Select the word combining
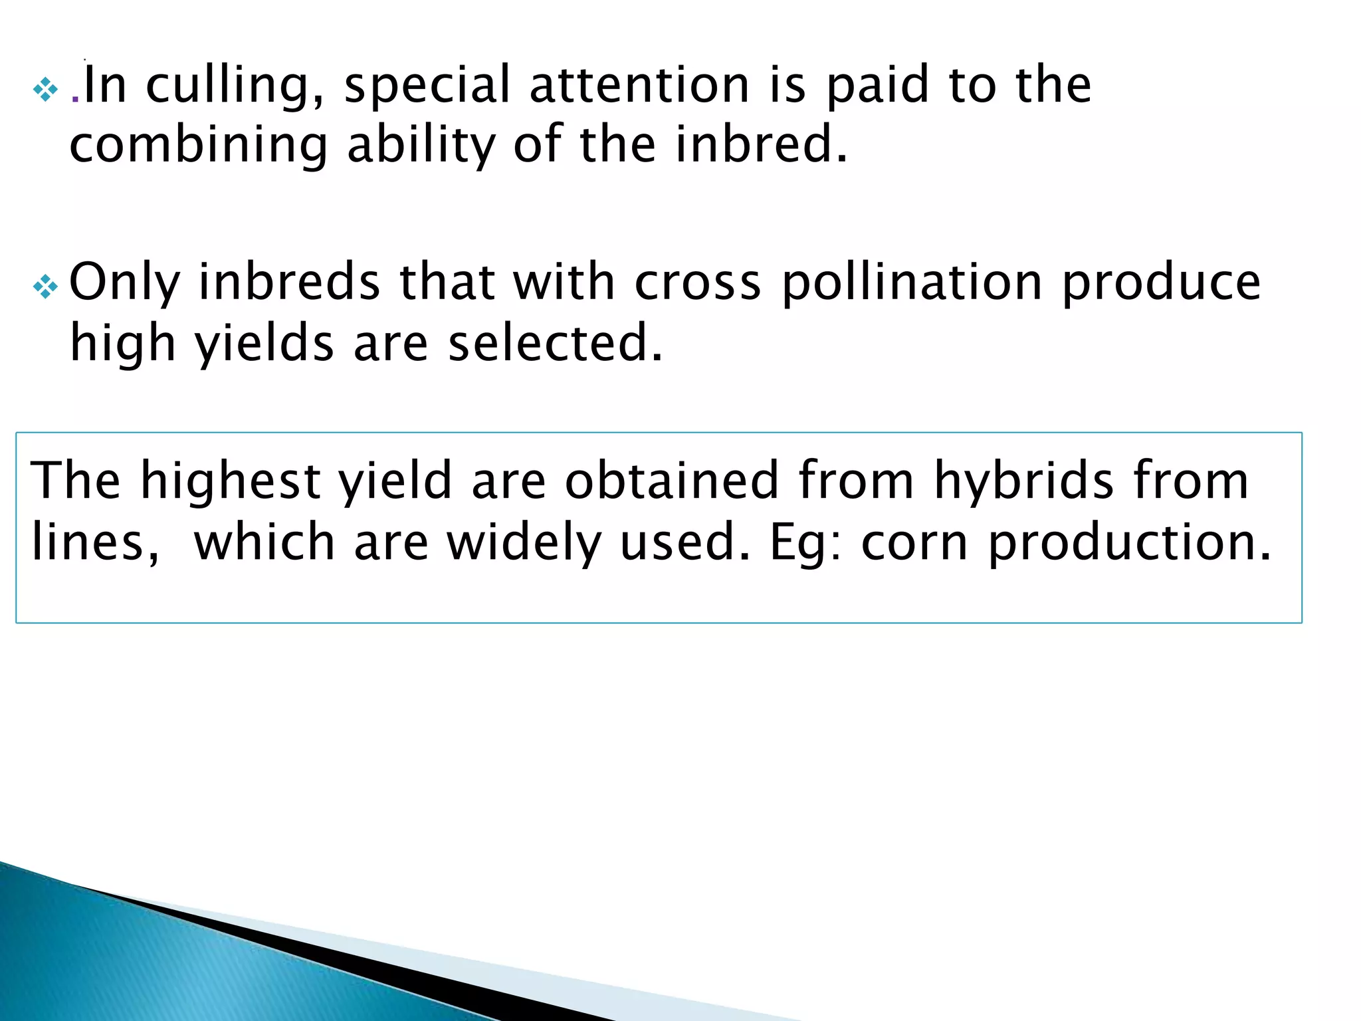click(x=199, y=145)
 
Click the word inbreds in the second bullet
click(x=290, y=282)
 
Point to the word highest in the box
click(x=230, y=481)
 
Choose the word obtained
click(x=671, y=480)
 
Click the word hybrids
click(x=1023, y=480)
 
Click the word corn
click(x=914, y=544)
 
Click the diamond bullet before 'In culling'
click(x=45, y=90)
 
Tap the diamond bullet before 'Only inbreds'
click(x=45, y=287)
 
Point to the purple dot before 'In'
click(x=75, y=100)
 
